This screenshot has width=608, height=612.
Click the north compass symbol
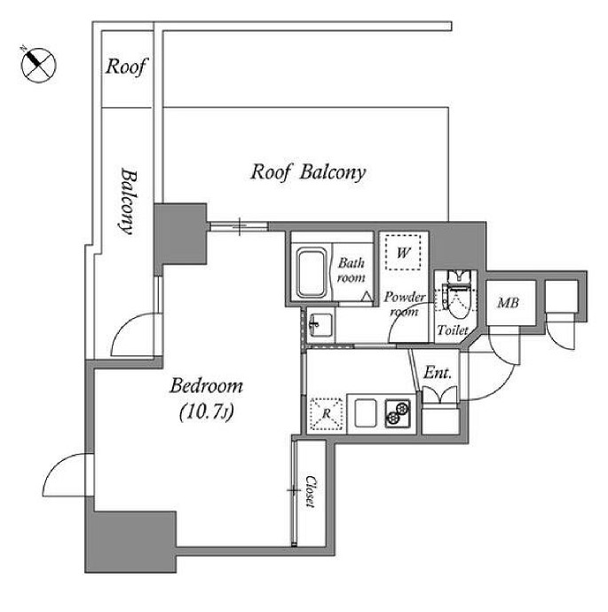38,65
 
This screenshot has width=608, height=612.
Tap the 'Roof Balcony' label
308,172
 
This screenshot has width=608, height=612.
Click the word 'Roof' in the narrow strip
127,67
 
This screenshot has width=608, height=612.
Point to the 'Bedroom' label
206,386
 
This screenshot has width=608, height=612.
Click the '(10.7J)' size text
207,412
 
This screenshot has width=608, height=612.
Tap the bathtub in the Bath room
312,273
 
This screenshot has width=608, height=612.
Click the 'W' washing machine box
403,252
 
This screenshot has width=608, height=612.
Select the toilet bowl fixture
458,296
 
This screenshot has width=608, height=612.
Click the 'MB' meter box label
509,303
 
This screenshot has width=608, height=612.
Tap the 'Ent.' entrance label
438,373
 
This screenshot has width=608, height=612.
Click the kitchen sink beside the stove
366,413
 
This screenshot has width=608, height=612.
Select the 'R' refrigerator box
327,414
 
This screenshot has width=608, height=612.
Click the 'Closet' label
311,491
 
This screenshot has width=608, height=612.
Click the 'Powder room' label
405,304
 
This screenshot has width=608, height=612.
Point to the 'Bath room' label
351,270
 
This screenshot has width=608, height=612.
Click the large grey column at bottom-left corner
130,543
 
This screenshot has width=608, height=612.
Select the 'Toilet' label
453,330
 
